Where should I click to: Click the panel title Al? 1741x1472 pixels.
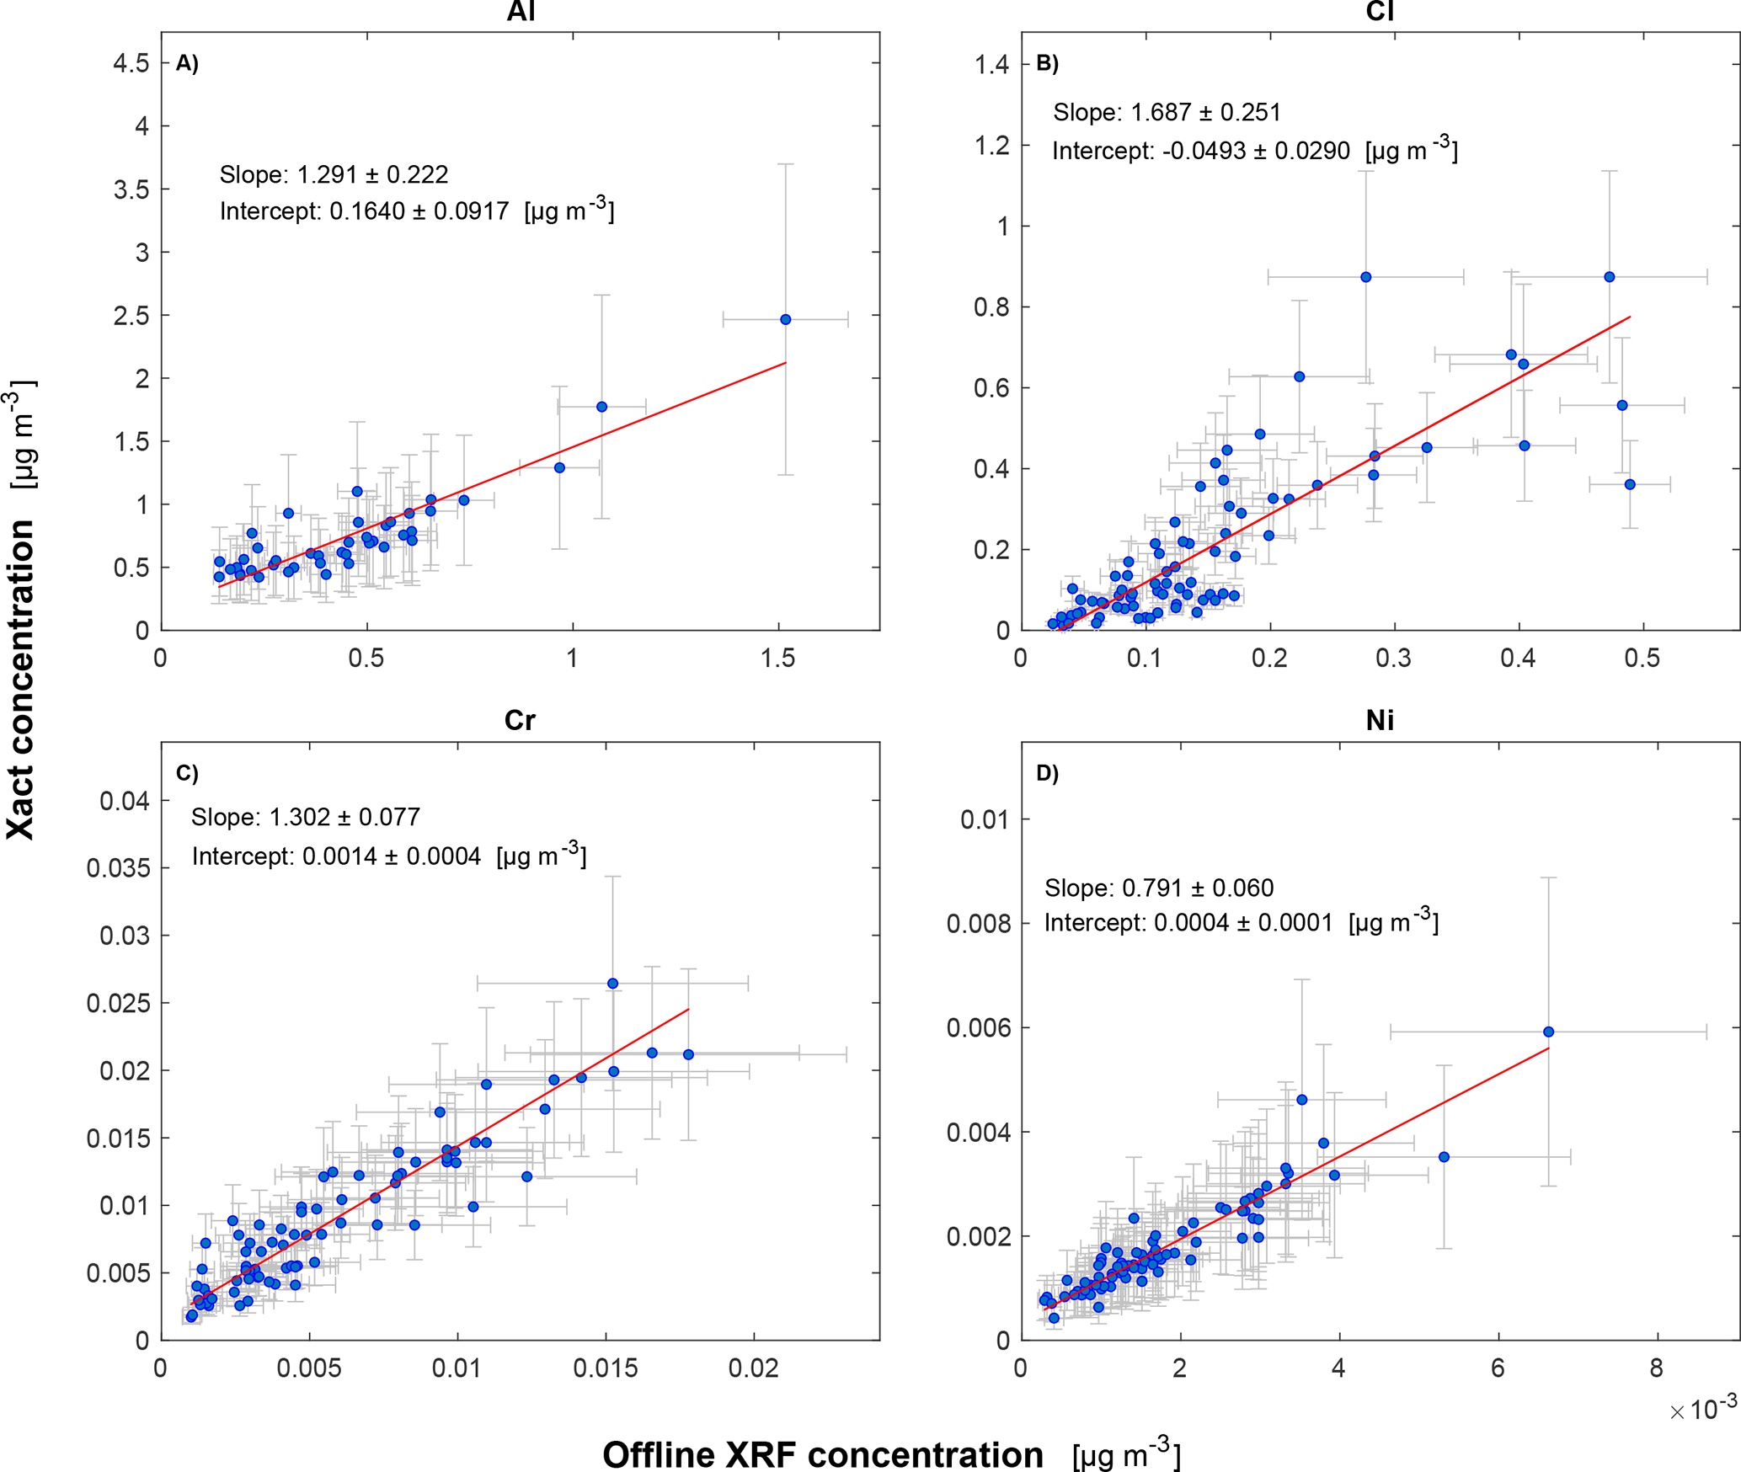click(521, 11)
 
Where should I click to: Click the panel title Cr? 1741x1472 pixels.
click(520, 720)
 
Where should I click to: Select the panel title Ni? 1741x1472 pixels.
click(1380, 720)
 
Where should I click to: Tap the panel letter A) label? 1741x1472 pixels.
click(187, 63)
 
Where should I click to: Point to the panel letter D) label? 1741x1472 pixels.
click(1047, 773)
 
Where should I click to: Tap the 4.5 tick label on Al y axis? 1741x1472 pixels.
click(131, 63)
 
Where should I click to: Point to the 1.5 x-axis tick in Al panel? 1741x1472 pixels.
click(777, 659)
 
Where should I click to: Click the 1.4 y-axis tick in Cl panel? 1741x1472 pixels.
click(991, 64)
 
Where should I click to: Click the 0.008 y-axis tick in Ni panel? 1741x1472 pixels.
click(978, 924)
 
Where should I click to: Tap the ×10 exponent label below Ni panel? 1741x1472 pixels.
click(1702, 1407)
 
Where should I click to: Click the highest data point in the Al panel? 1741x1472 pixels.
click(785, 319)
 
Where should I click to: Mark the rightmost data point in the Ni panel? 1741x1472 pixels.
click(1548, 1032)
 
